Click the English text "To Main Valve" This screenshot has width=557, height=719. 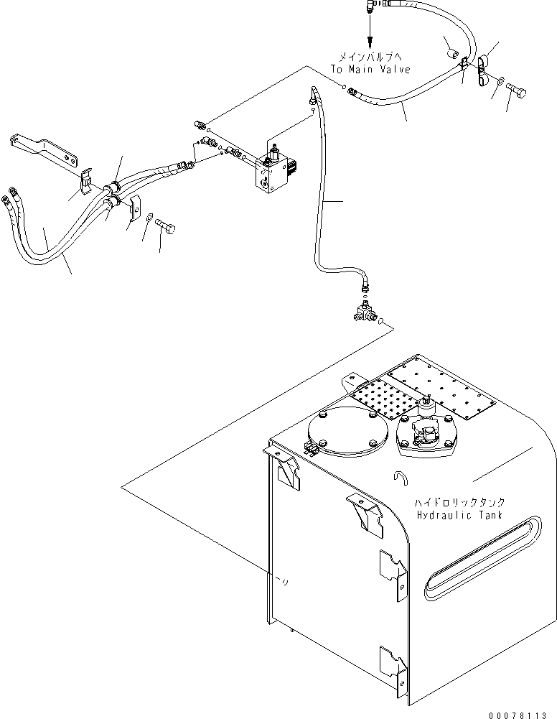click(370, 70)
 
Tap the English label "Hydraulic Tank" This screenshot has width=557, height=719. click(459, 515)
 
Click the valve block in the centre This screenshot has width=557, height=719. click(272, 170)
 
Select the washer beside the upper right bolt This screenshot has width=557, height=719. click(500, 83)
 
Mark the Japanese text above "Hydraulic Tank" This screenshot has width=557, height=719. click(459, 502)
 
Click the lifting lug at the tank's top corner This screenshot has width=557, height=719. click(352, 380)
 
